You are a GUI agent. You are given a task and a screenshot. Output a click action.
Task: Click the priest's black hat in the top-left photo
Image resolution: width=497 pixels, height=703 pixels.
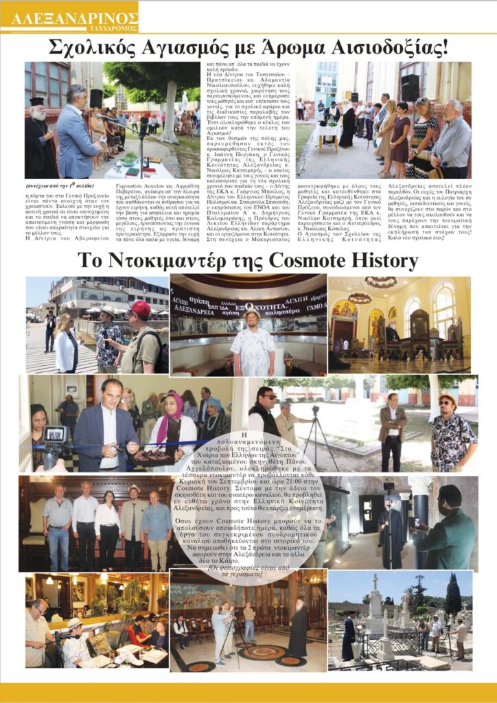pos(36,101)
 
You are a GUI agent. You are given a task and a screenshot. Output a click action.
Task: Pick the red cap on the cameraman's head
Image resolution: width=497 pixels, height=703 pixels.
pos(140,308)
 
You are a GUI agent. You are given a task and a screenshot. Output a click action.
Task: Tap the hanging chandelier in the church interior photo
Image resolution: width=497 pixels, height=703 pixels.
pos(360,297)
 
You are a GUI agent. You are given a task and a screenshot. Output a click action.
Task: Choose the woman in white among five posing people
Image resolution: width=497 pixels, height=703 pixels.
pos(107,523)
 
